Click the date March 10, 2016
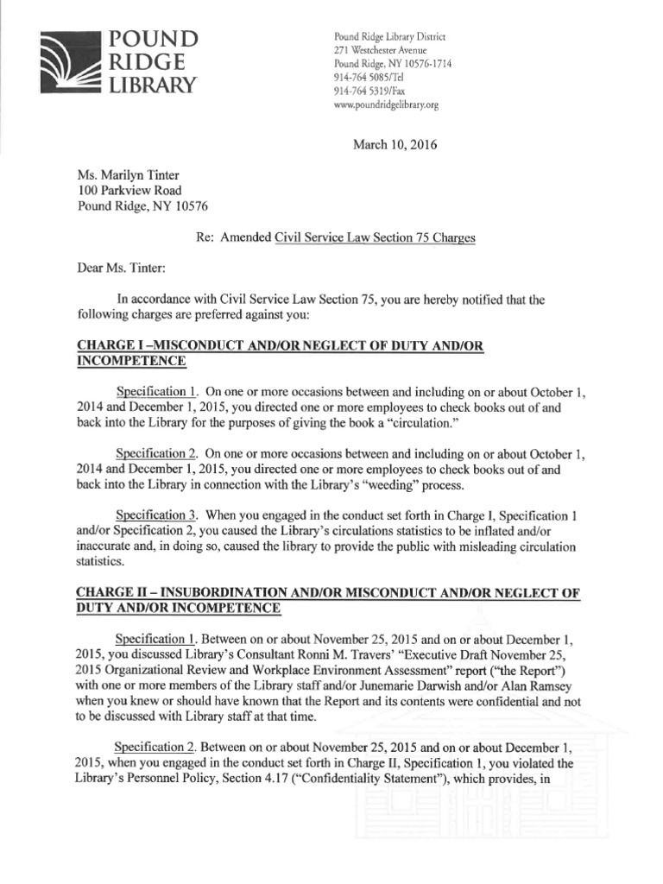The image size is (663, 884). (x=395, y=144)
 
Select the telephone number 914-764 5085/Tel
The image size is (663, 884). (x=367, y=78)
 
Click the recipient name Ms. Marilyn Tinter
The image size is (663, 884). (x=130, y=174)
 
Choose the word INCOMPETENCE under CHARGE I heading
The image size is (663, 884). (x=132, y=361)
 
